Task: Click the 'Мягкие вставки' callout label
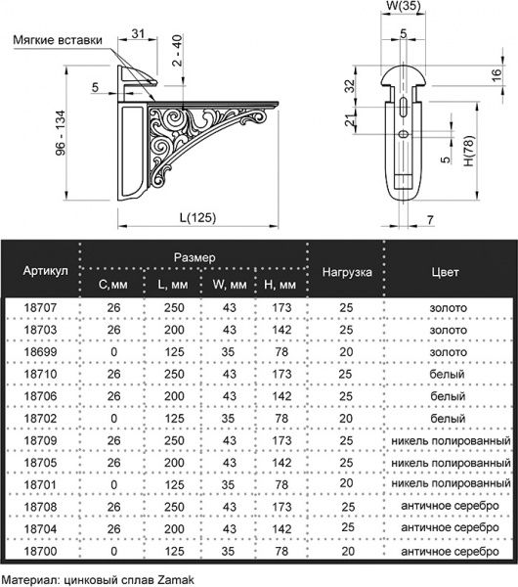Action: [58, 40]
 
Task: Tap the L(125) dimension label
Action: [197, 217]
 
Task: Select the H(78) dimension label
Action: [469, 151]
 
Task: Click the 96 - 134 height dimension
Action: [60, 133]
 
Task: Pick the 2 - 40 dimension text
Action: [177, 51]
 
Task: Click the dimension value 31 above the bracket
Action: [138, 33]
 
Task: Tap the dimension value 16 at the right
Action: [496, 75]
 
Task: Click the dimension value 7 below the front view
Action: [430, 220]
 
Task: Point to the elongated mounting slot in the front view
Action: [404, 108]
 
